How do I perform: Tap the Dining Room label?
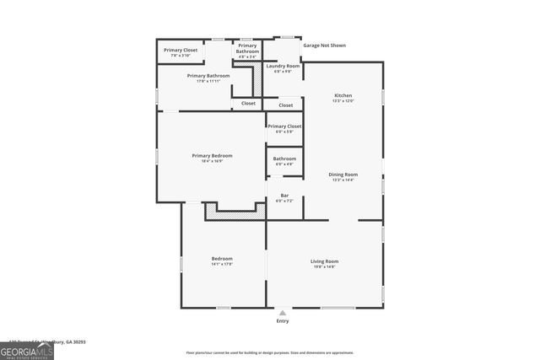click(x=343, y=175)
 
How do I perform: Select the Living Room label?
click(x=326, y=261)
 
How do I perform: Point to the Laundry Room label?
click(x=283, y=66)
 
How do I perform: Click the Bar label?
click(x=284, y=196)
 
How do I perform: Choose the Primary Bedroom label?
click(x=212, y=155)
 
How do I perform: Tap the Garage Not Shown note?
click(x=325, y=46)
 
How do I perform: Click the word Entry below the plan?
click(x=283, y=321)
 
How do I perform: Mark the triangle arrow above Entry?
click(x=283, y=312)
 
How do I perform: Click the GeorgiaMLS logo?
click(x=27, y=350)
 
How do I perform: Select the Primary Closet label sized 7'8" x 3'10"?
click(x=181, y=50)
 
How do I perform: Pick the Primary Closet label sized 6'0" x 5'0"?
click(x=284, y=126)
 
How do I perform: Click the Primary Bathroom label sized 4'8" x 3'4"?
click(x=247, y=49)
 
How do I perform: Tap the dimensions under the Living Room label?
click(x=326, y=266)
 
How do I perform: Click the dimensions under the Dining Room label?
click(x=343, y=180)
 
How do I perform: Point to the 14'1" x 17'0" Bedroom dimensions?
click(x=222, y=264)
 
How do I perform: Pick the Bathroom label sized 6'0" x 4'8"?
click(x=284, y=159)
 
